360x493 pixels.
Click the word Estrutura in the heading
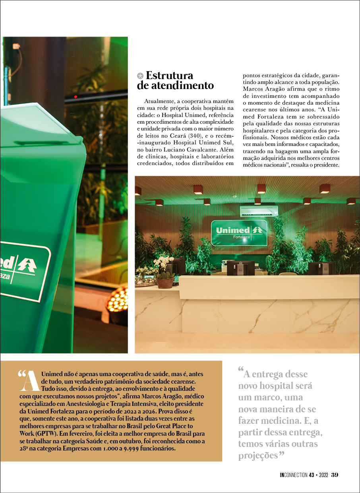(170, 76)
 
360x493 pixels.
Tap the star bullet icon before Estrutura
(140, 76)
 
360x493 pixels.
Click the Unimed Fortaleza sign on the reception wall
(239, 232)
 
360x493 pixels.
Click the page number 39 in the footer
(335, 475)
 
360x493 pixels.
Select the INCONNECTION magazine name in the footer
(294, 475)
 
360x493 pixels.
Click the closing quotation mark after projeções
(281, 454)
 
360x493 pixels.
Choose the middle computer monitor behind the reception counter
(240, 268)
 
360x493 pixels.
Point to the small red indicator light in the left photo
(75, 97)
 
